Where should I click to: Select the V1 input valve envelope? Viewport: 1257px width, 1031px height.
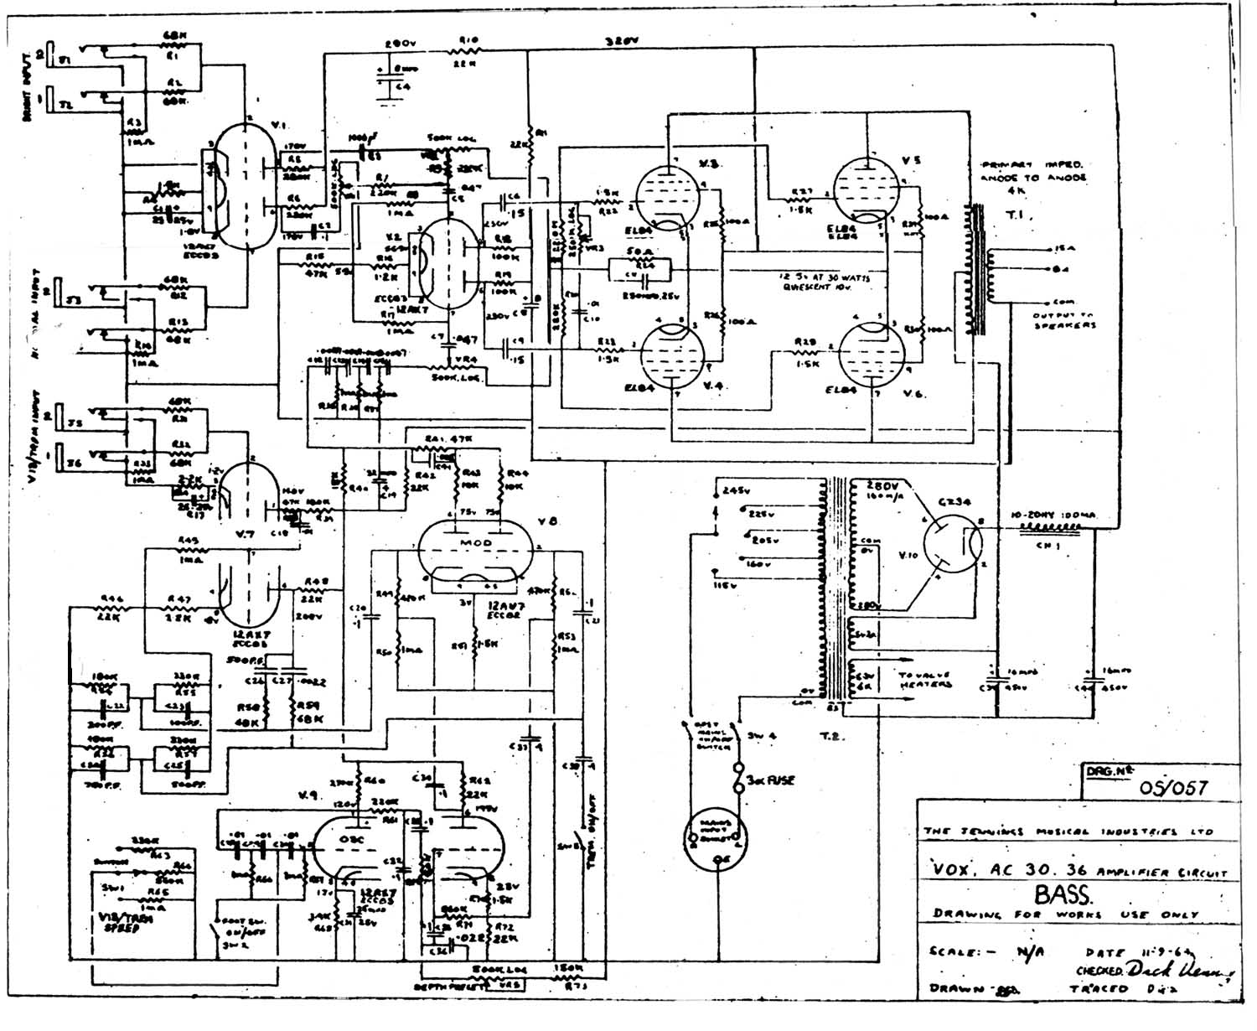(243, 189)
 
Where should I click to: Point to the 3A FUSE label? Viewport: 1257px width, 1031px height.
(770, 780)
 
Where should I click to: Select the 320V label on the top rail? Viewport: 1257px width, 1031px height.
(618, 39)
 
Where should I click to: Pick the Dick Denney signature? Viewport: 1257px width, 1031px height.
(1182, 970)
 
